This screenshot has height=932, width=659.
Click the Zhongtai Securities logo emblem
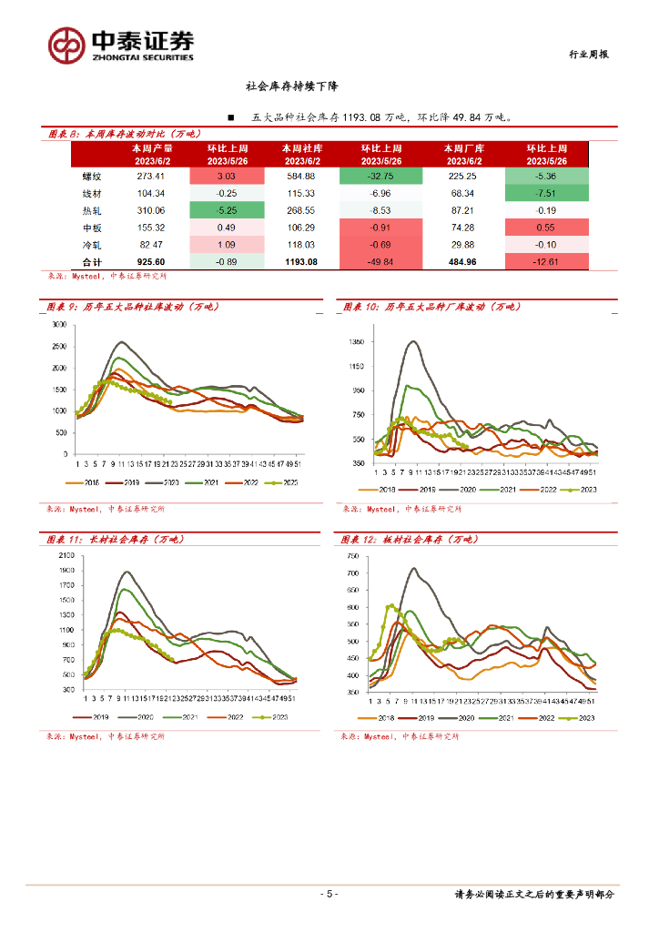coord(65,44)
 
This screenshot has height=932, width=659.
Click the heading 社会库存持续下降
coord(292,87)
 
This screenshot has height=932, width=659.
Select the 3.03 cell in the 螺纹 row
coord(226,176)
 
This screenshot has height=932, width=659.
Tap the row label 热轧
coord(91,210)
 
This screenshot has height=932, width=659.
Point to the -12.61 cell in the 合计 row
coord(546,262)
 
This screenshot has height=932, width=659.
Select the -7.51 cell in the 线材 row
coord(546,193)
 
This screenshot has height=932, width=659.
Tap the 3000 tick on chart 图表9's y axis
coord(60,325)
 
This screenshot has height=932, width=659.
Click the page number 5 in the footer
coord(330,894)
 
